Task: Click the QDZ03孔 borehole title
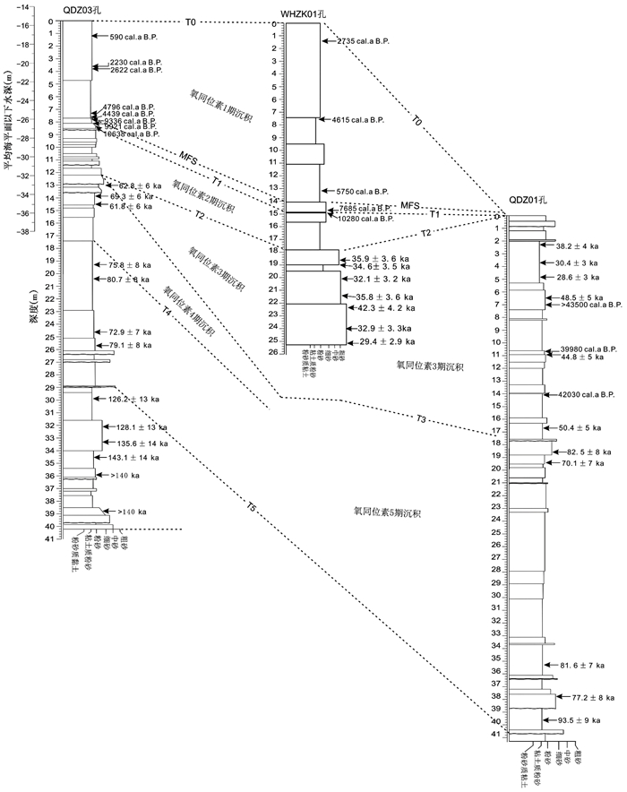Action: (81, 9)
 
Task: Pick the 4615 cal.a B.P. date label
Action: (357, 119)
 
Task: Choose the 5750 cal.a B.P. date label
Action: (361, 192)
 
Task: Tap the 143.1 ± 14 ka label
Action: (133, 457)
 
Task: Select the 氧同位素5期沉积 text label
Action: (388, 513)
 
